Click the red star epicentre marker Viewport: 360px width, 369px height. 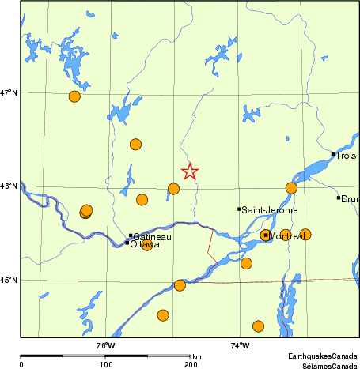tap(190, 171)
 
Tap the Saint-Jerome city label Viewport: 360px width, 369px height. tap(270, 210)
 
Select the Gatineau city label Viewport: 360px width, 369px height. tap(153, 236)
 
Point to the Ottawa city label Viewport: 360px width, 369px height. tap(146, 245)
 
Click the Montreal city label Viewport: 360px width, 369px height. tap(287, 236)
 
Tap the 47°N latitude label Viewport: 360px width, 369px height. tap(9, 92)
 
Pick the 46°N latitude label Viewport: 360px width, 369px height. tap(9, 186)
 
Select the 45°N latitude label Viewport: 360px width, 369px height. tap(9, 280)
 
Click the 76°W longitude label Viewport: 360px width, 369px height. tap(105, 345)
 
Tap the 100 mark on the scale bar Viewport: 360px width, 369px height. tap(105, 364)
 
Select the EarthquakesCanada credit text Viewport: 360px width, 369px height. tap(322, 356)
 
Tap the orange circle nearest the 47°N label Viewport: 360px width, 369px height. tap(75, 96)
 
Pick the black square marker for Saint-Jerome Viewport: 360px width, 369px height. tap(239, 209)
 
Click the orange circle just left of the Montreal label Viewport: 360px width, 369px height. tap(265, 235)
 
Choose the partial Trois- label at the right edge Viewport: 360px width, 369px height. tap(347, 156)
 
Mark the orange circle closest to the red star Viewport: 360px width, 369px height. tap(174, 188)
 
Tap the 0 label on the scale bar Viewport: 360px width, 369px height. tap(21, 364)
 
